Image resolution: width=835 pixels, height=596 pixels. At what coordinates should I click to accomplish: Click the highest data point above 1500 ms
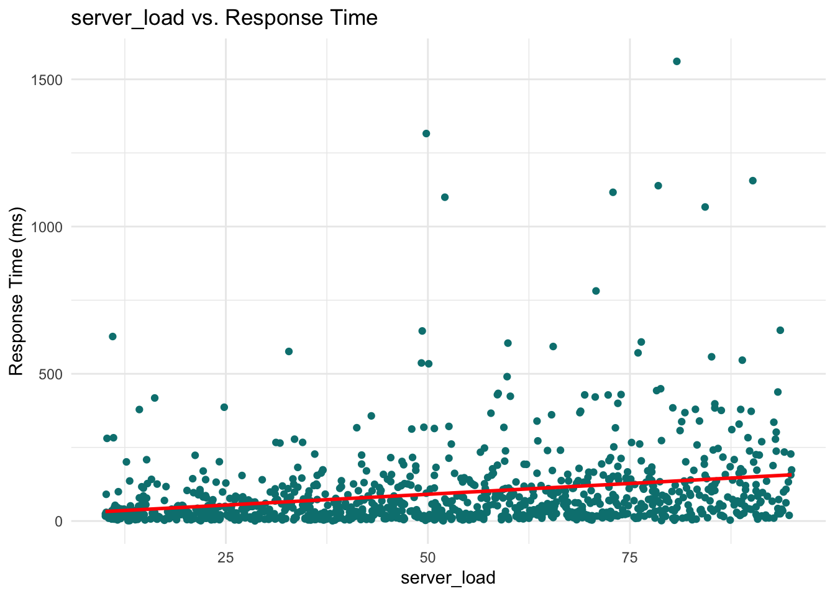[677, 61]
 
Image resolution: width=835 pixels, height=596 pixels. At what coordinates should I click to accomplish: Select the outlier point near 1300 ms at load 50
[426, 133]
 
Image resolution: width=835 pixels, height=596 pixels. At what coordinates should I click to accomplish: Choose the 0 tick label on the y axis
[59, 521]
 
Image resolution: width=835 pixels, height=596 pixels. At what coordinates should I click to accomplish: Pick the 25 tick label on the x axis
[226, 557]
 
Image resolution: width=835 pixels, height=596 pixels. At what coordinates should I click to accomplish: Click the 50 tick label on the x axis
[427, 557]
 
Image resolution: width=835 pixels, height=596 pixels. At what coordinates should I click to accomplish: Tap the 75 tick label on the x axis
[630, 557]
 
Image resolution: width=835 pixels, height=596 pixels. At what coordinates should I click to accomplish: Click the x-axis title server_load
[448, 578]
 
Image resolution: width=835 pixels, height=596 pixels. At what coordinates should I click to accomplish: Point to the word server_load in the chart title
[127, 18]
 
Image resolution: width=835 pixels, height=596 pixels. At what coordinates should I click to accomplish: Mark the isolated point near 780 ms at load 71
[596, 291]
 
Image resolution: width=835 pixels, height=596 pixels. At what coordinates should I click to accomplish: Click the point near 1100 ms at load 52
[445, 197]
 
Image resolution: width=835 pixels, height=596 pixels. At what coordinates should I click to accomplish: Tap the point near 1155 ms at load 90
[752, 181]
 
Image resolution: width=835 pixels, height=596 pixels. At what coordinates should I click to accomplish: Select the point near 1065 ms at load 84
[705, 207]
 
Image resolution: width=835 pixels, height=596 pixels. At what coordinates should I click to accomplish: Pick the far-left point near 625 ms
[112, 336]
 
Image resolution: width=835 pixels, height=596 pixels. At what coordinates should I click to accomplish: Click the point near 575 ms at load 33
[289, 351]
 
